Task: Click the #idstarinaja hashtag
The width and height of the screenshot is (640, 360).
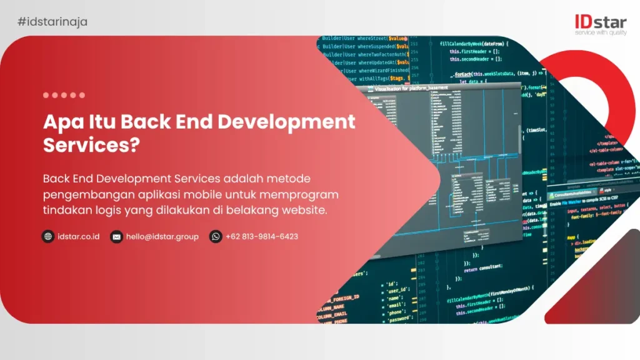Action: coord(52,22)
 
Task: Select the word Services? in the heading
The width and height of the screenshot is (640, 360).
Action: coord(91,144)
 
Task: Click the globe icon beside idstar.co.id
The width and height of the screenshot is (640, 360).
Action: coord(48,236)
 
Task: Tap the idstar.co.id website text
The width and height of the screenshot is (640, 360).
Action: coord(79,236)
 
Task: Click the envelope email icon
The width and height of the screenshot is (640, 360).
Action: coord(116,236)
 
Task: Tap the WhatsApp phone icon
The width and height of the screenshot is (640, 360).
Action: coord(216,236)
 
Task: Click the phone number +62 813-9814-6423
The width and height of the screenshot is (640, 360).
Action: coord(262,236)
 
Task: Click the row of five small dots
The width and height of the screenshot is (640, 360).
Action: coord(64,95)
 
